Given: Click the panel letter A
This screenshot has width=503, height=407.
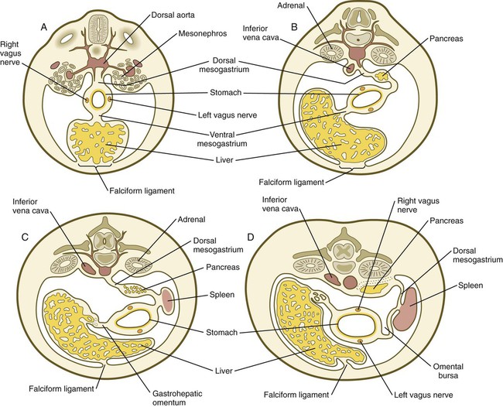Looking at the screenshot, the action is pyautogui.click(x=44, y=28).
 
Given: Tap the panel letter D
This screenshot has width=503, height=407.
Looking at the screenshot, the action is pyautogui.click(x=251, y=237).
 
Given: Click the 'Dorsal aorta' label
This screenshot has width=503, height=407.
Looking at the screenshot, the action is pyautogui.click(x=173, y=15).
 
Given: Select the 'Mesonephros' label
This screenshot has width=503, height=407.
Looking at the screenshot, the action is pyautogui.click(x=203, y=33).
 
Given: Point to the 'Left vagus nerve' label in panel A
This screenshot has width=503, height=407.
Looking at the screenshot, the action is pyautogui.click(x=228, y=115).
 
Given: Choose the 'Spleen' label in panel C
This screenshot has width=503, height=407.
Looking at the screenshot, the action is pyautogui.click(x=222, y=295).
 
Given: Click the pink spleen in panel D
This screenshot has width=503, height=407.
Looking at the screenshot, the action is pyautogui.click(x=405, y=310).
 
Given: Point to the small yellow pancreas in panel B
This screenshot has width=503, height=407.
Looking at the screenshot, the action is pyautogui.click(x=382, y=77).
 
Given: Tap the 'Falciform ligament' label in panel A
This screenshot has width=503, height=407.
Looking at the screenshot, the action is pyautogui.click(x=142, y=191).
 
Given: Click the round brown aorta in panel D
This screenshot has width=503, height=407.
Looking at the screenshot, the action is pyautogui.click(x=349, y=282).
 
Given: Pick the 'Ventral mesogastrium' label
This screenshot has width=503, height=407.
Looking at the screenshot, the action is pyautogui.click(x=222, y=139).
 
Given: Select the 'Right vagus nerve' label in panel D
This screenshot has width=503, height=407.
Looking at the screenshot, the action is pyautogui.click(x=419, y=205).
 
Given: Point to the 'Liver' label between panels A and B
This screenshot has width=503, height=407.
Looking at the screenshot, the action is pyautogui.click(x=224, y=159).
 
